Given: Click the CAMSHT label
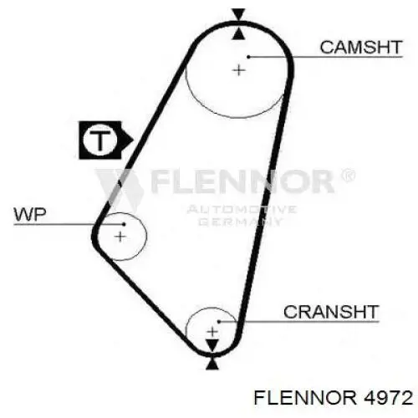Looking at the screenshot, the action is [x=361, y=48].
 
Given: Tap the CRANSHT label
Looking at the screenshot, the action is [x=331, y=312].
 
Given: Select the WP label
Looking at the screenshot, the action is [x=30, y=215].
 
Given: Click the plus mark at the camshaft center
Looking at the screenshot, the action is [x=239, y=70].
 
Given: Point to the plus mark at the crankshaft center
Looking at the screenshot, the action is [x=212, y=332].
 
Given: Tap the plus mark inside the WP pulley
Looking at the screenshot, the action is [x=120, y=237].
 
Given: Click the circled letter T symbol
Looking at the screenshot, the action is [x=99, y=140].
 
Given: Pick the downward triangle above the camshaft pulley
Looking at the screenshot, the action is [x=239, y=14].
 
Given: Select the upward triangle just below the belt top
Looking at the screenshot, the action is [x=239, y=34].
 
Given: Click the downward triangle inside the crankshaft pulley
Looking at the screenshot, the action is [x=212, y=345].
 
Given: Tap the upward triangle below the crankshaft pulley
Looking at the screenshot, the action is [x=212, y=364].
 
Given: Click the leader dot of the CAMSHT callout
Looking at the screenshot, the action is [x=248, y=57].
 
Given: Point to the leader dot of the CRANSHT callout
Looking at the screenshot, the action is [x=219, y=322].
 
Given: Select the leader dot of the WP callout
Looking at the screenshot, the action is [x=124, y=224].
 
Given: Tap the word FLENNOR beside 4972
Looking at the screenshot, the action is [x=305, y=398].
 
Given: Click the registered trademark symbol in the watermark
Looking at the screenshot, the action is [x=348, y=176].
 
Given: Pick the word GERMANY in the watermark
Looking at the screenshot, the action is [x=241, y=222].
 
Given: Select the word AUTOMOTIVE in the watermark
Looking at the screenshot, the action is [x=242, y=210].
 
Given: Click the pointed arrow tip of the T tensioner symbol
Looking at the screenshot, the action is [x=133, y=140].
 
